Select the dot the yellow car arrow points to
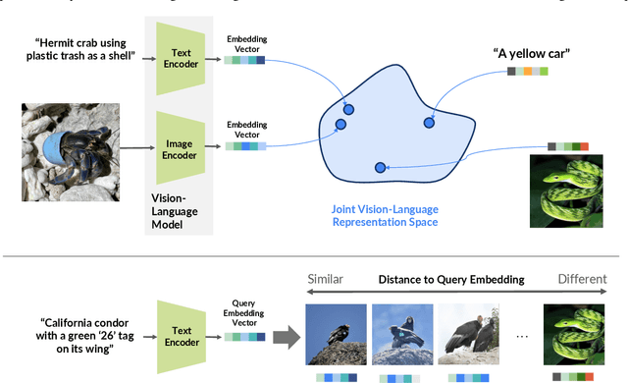(x=429, y=123)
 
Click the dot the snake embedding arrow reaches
(x=380, y=168)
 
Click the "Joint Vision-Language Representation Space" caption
(x=384, y=215)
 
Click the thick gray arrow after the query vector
(x=285, y=337)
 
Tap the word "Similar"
(x=325, y=279)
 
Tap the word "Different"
(x=583, y=279)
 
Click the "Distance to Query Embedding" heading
(x=452, y=279)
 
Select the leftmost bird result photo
(x=334, y=332)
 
